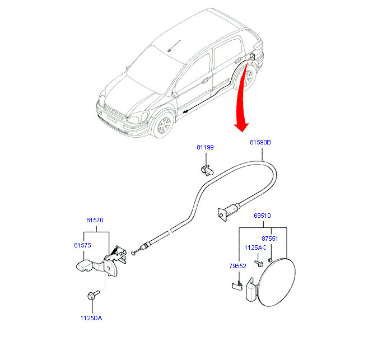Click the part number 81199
pos(204,147)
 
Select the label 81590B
pos(260,143)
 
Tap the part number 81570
pos(95,221)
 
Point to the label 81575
pos(82,245)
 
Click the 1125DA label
pos(90,319)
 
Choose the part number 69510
pos(262,215)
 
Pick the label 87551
pos(270,238)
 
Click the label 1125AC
pos(254,247)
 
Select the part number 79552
pos(237,266)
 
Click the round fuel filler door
pos(276,282)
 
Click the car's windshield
pos(147,62)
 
